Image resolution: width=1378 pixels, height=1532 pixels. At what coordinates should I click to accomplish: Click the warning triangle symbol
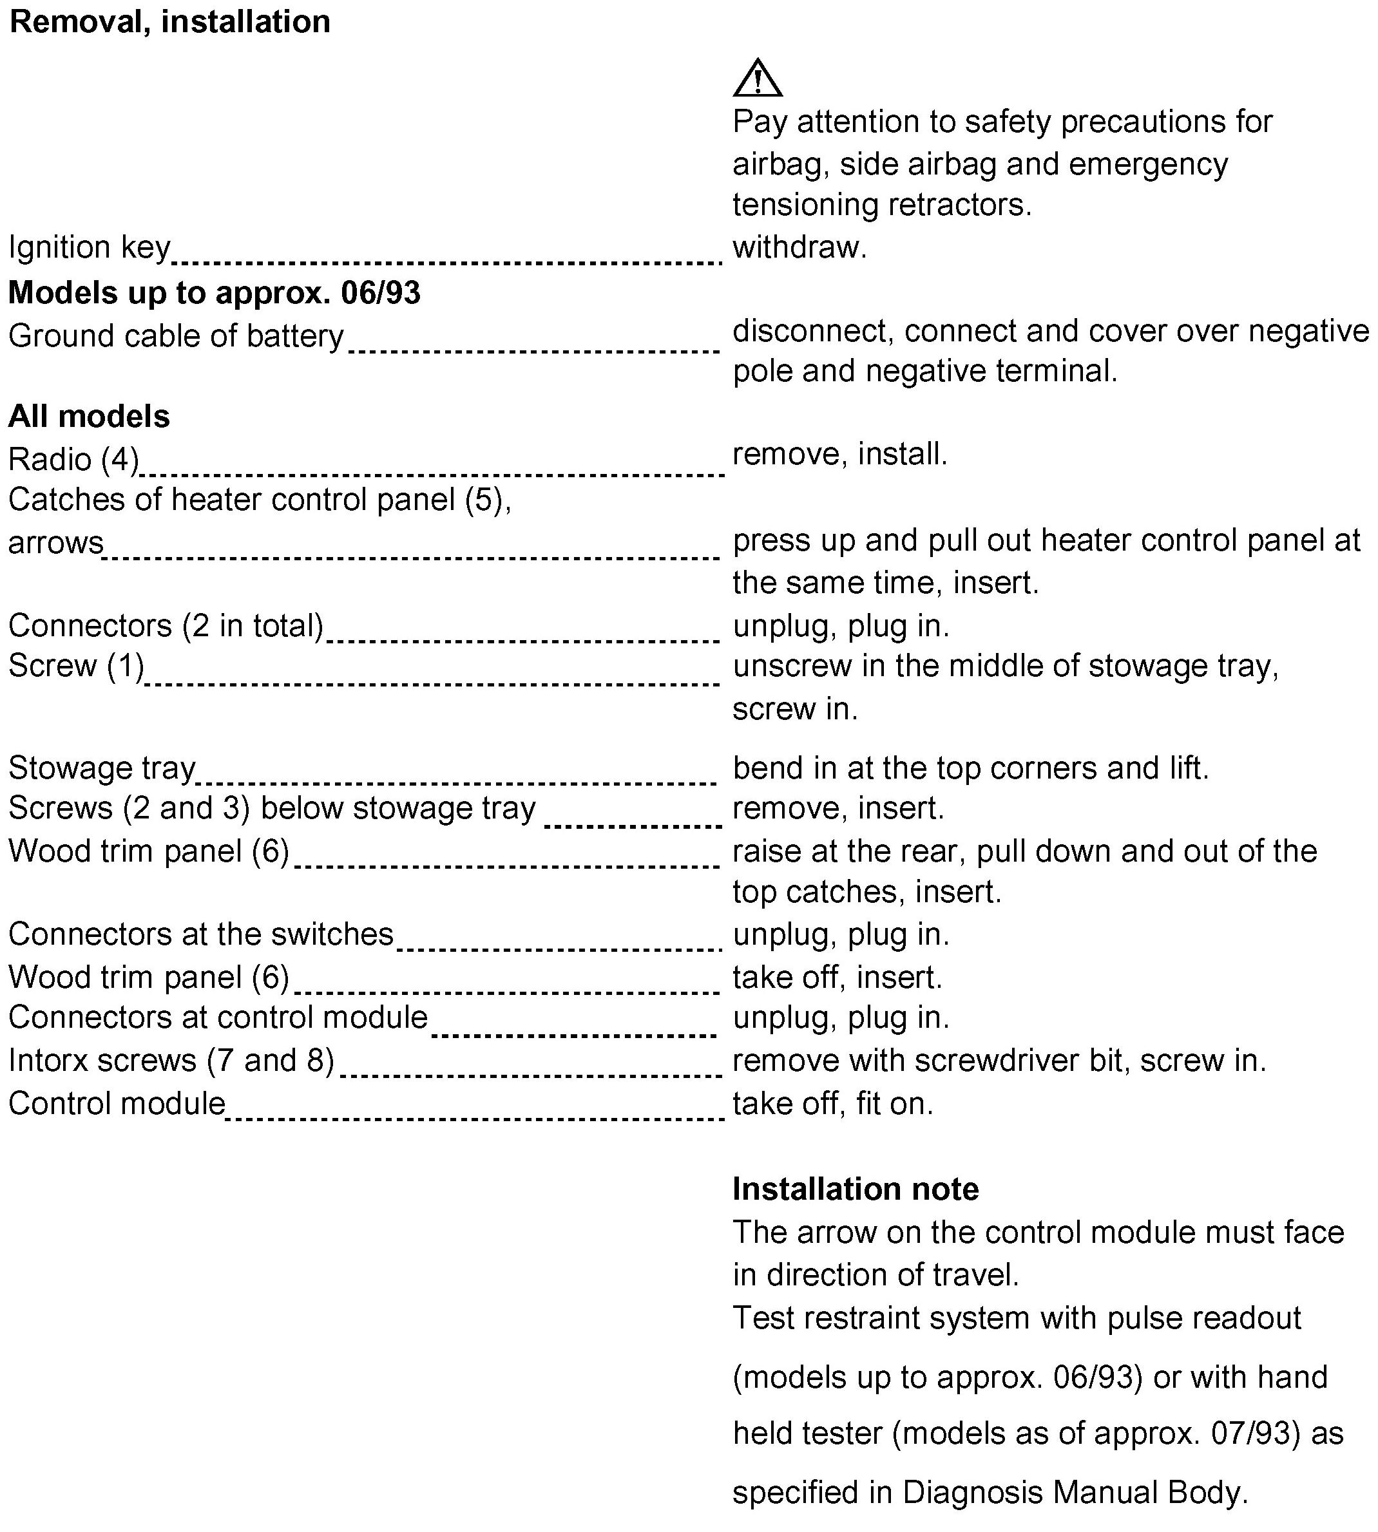(x=757, y=79)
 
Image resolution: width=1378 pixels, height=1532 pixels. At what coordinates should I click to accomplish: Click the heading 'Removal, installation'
(x=169, y=22)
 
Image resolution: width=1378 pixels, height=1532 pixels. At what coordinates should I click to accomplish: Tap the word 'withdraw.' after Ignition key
(x=799, y=247)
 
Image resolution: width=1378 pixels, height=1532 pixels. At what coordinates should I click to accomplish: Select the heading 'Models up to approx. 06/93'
(x=215, y=293)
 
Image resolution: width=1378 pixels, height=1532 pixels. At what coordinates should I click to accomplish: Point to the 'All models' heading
(x=90, y=416)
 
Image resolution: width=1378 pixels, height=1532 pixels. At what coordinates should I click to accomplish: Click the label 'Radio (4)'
(x=73, y=459)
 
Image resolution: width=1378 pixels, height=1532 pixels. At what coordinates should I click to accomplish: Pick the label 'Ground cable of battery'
(x=176, y=336)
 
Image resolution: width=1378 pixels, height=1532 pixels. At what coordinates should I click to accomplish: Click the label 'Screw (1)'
(x=76, y=666)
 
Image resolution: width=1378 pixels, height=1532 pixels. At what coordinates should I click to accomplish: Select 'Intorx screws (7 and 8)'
(x=171, y=1061)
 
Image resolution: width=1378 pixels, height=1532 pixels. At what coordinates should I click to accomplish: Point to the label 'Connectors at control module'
(x=218, y=1017)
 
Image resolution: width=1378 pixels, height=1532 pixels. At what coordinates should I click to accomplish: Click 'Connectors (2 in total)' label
(x=166, y=626)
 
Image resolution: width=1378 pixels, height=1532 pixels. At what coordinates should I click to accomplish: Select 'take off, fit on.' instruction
(x=833, y=1104)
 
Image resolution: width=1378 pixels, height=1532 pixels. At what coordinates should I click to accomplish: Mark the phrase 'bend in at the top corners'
(x=915, y=768)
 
